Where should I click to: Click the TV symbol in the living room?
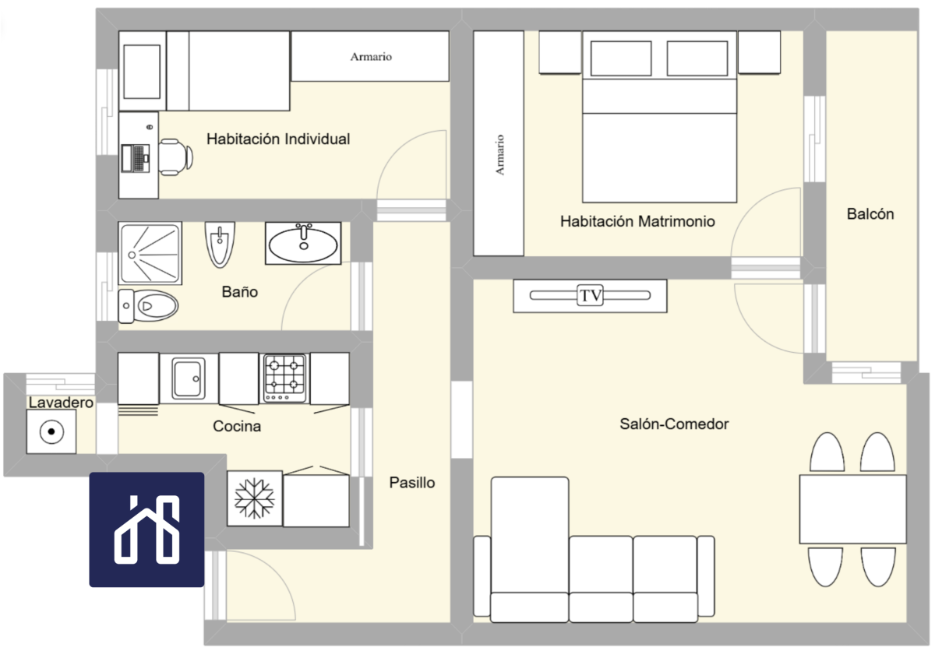(x=590, y=295)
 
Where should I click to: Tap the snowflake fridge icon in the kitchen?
(x=255, y=498)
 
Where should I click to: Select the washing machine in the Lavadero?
(x=51, y=431)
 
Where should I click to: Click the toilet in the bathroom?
(x=148, y=306)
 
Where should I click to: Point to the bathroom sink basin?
(x=303, y=244)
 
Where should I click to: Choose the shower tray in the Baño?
(x=150, y=253)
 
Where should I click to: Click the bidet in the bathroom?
(x=220, y=245)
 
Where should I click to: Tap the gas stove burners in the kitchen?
(x=284, y=378)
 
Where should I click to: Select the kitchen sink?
(x=189, y=378)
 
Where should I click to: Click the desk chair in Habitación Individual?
(x=175, y=157)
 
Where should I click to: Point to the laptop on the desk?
(x=136, y=158)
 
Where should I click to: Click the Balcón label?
(x=870, y=214)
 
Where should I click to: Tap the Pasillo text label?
(x=412, y=483)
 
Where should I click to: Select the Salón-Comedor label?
(x=674, y=424)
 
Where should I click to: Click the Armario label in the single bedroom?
(x=371, y=57)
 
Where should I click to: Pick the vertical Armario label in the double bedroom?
(x=499, y=155)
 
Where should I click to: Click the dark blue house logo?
(x=146, y=530)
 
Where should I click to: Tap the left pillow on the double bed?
(x=621, y=58)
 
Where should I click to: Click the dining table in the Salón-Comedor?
(x=852, y=508)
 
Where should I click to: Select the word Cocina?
(x=237, y=426)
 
